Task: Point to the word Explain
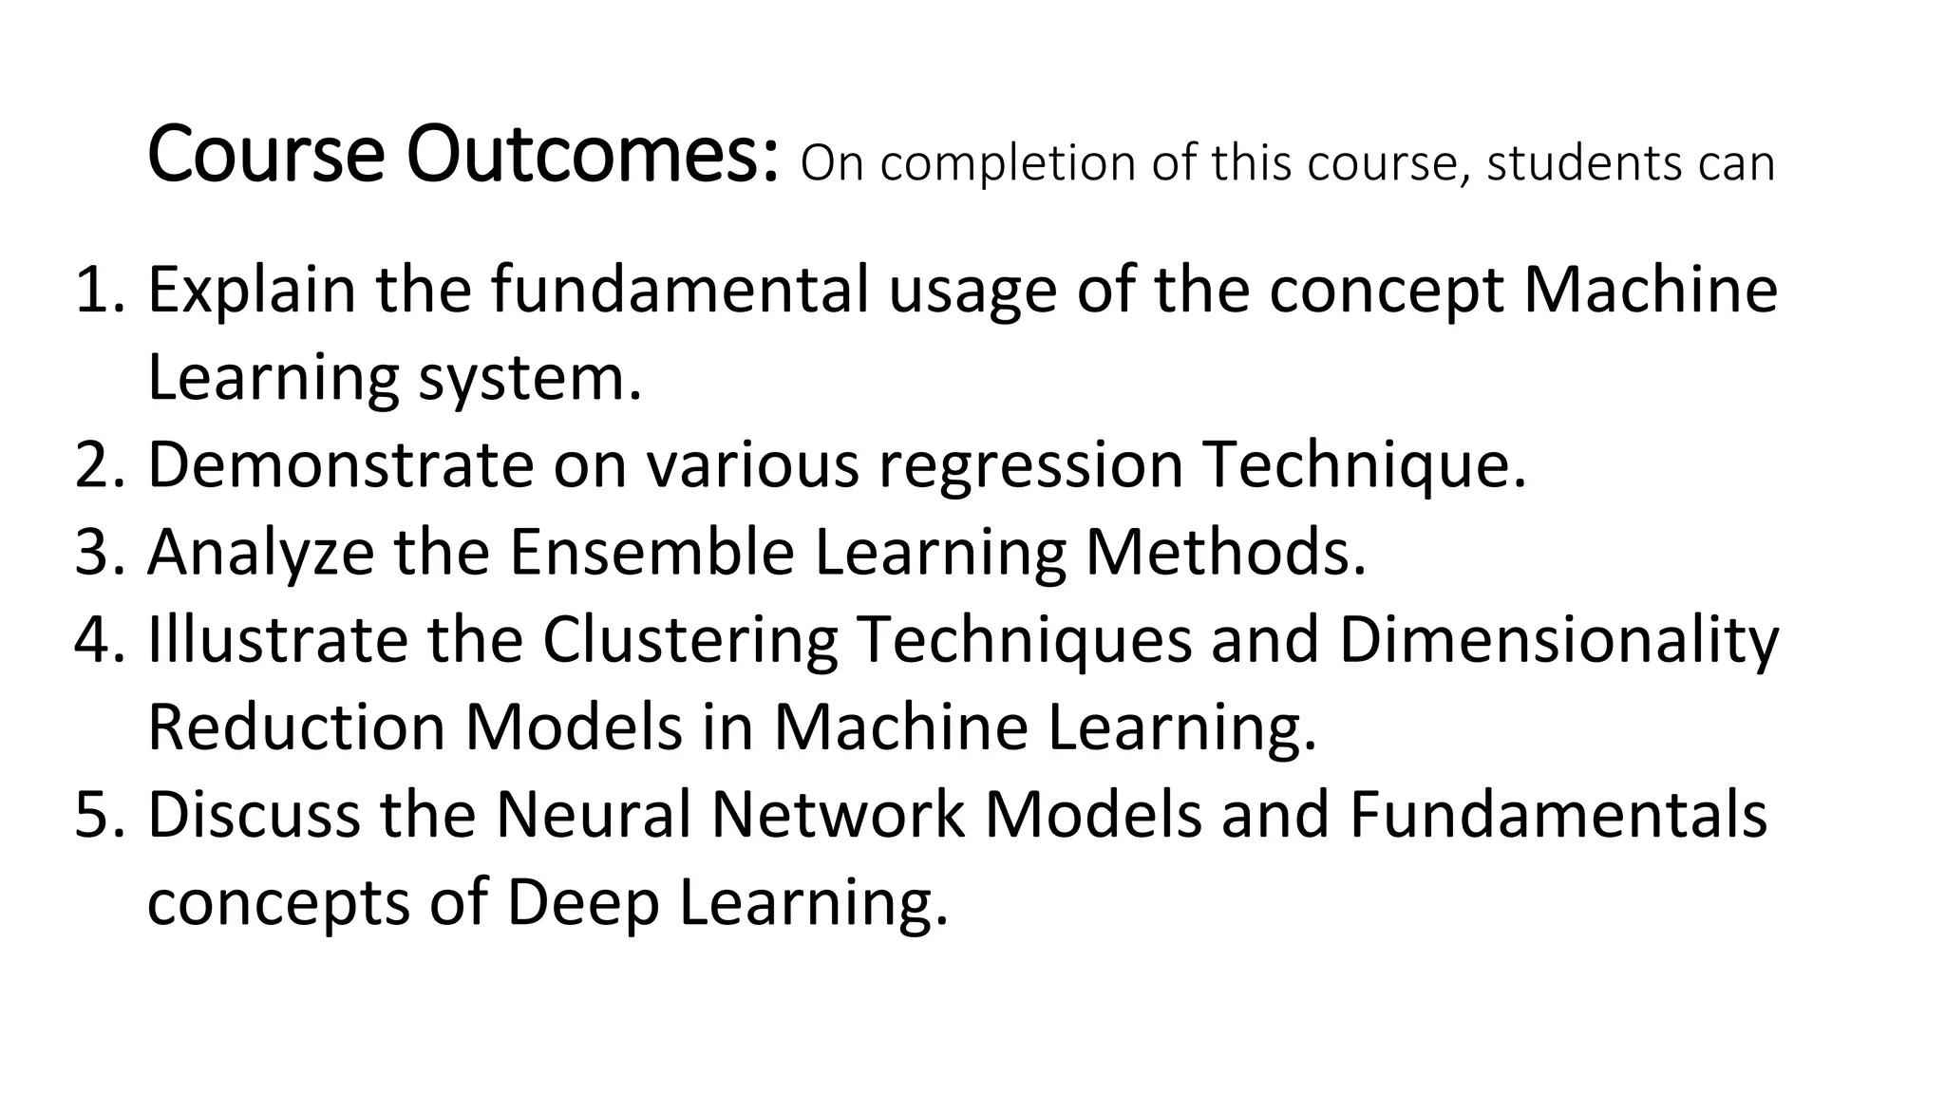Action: [251, 291]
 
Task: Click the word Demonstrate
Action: [340, 465]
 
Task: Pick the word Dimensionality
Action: [1558, 642]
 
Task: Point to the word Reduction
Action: [296, 728]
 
